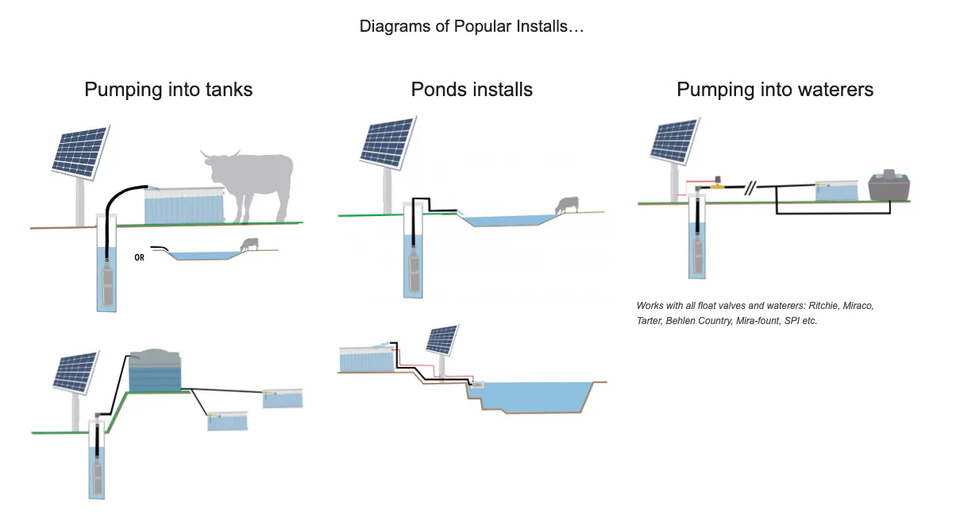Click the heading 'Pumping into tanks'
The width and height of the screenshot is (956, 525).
tap(168, 90)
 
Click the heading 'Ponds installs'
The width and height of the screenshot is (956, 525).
tap(472, 90)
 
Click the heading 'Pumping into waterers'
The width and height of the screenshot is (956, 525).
tap(775, 90)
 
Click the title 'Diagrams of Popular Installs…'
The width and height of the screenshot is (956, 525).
tap(472, 26)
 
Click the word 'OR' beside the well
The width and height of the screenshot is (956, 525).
tap(140, 257)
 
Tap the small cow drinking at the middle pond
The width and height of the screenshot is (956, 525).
tap(566, 205)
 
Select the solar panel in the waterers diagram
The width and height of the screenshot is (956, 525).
tap(673, 141)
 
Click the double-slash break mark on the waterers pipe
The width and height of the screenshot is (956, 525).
tap(750, 189)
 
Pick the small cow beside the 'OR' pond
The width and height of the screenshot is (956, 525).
tap(250, 245)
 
